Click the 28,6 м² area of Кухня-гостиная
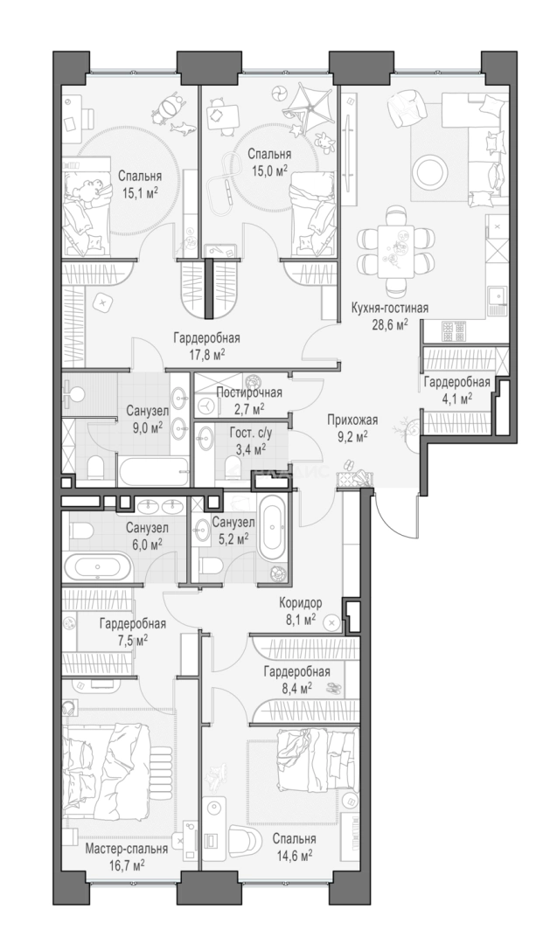tap(390, 323)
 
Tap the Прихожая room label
tap(352, 420)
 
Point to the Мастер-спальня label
tap(127, 849)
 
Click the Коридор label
tap(300, 602)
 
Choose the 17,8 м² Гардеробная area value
tap(206, 353)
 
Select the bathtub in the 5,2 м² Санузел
tap(274, 527)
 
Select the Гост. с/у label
tap(249, 433)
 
